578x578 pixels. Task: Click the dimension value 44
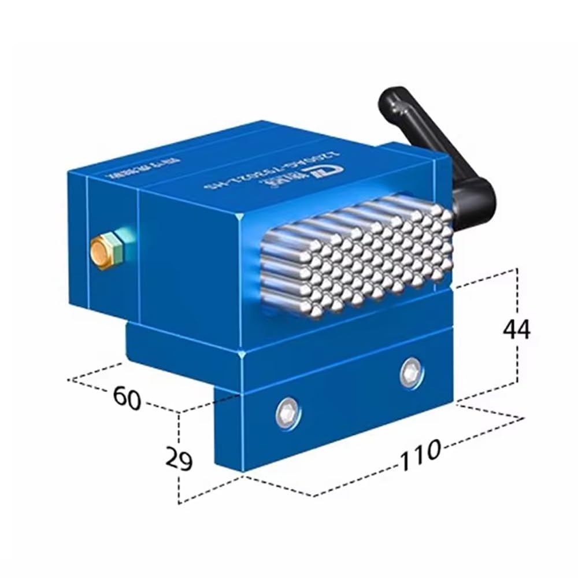[x=516, y=329]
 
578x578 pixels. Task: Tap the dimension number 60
[x=127, y=398]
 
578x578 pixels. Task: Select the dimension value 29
[x=179, y=460]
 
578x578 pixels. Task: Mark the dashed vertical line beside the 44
[x=516, y=370]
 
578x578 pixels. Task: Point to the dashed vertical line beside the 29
[x=179, y=486]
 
